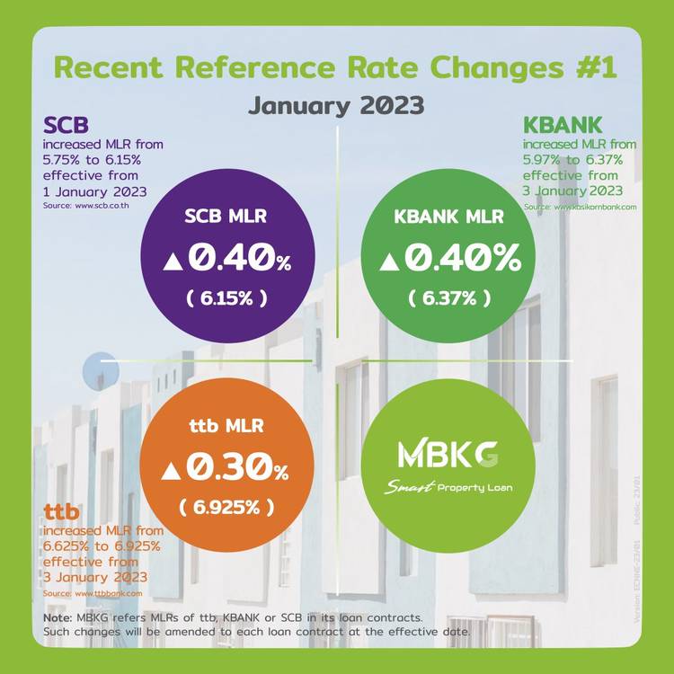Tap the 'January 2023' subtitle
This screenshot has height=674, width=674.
click(336, 105)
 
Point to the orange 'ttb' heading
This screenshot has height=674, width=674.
click(61, 513)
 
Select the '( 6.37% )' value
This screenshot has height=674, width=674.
click(448, 298)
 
